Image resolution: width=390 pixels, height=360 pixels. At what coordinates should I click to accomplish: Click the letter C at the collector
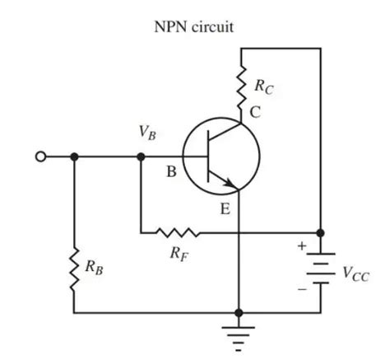click(x=256, y=114)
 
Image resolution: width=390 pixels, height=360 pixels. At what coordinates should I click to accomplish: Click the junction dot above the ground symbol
click(x=239, y=313)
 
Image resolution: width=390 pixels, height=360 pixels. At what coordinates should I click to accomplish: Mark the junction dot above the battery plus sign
click(x=320, y=232)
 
